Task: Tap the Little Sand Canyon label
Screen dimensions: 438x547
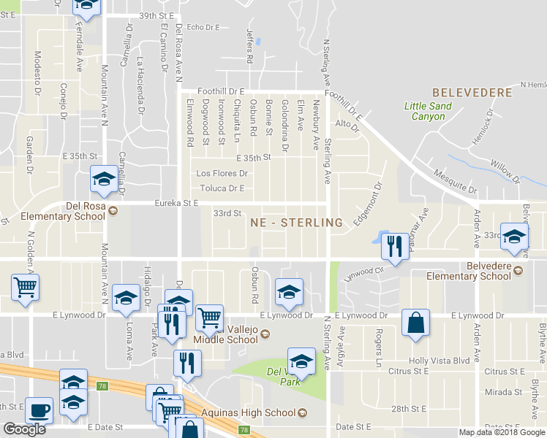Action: coord(428,111)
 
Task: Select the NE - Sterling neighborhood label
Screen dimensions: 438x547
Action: coord(296,222)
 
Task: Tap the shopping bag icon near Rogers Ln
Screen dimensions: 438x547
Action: coord(415,325)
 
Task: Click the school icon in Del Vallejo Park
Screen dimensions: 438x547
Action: coord(301,362)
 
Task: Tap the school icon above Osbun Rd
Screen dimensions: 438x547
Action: coord(289,293)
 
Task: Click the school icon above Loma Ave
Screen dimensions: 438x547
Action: coord(127,298)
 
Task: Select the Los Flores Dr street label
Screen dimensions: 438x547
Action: coord(222,174)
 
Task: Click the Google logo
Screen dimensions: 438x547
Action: coord(24,429)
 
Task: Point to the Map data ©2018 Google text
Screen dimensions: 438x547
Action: coord(502,432)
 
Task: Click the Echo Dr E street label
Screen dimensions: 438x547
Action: coord(203,27)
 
